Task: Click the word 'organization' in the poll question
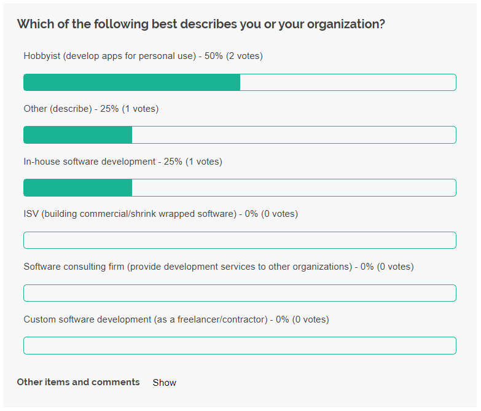346,25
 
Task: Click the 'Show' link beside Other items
165,383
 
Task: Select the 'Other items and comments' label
78,382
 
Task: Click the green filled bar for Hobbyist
131,82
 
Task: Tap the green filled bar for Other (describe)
77,135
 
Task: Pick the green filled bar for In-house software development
77,188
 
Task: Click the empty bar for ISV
240,240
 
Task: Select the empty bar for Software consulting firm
240,293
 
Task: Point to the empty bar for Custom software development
240,346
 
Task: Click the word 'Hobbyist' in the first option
42,56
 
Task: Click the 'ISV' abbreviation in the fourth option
31,214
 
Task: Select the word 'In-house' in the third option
43,162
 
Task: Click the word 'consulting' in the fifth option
85,267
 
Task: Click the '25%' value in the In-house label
173,162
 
